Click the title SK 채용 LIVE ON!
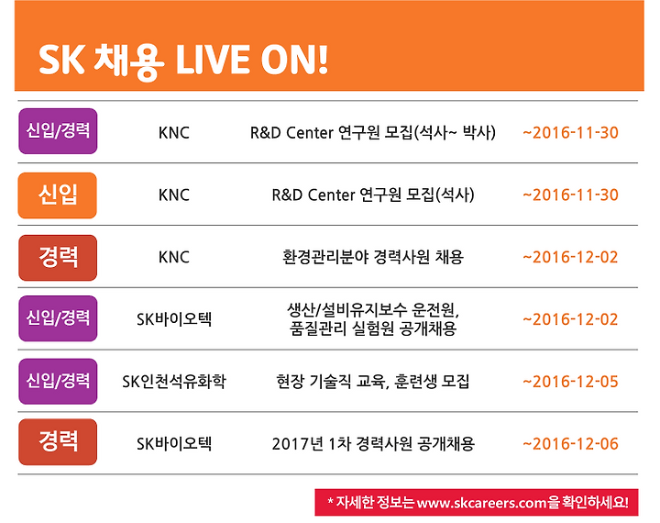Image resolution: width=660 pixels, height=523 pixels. point(183,61)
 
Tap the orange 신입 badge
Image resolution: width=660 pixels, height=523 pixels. point(57,195)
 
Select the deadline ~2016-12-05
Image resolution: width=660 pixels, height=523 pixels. point(570,382)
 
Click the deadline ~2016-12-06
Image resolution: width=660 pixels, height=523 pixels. point(570,444)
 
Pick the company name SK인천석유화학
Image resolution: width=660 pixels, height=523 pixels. point(174,382)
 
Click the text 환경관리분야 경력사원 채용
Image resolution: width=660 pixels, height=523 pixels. point(373,257)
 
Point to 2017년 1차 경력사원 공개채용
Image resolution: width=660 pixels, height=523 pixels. point(373,444)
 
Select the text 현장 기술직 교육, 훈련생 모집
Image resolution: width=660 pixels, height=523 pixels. point(373,382)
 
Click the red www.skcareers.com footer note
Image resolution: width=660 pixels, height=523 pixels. point(477,502)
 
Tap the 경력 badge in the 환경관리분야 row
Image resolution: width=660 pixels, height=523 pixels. point(58,258)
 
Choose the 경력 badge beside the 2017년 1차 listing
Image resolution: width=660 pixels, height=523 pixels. point(58,442)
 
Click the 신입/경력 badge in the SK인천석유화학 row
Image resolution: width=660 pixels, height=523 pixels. point(58,382)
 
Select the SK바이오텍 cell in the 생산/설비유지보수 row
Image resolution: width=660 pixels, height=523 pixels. point(174,319)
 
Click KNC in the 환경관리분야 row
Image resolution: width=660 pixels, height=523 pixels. point(174,257)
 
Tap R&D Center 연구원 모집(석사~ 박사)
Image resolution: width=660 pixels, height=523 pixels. point(373,133)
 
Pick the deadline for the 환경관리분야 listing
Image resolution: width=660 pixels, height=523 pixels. point(570,257)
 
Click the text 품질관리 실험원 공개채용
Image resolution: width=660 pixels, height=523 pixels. point(373,328)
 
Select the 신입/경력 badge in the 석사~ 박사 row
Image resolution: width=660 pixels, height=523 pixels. point(58,131)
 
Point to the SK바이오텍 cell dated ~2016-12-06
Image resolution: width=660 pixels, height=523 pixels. point(174,444)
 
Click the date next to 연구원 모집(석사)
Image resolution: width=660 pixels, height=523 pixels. point(570,195)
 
